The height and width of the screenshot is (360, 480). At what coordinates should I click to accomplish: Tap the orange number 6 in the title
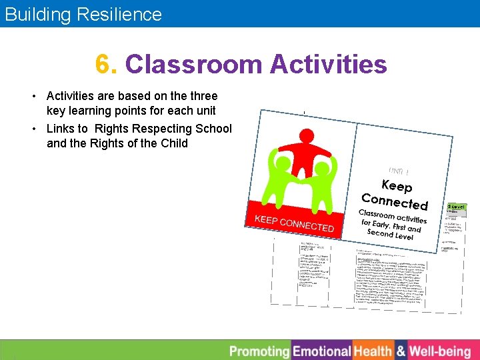[x=103, y=65]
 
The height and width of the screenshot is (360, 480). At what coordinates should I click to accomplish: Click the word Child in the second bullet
[x=173, y=143]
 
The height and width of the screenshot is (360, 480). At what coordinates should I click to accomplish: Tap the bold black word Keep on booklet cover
[x=397, y=186]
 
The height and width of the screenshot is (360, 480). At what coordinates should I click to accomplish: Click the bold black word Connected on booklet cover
[x=394, y=201]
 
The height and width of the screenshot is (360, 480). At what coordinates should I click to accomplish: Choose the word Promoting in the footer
[x=259, y=351]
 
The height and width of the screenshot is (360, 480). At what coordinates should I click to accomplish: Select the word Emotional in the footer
[x=321, y=351]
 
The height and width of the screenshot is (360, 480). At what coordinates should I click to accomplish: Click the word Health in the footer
[x=373, y=351]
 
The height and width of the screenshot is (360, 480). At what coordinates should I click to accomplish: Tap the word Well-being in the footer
[x=440, y=351]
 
